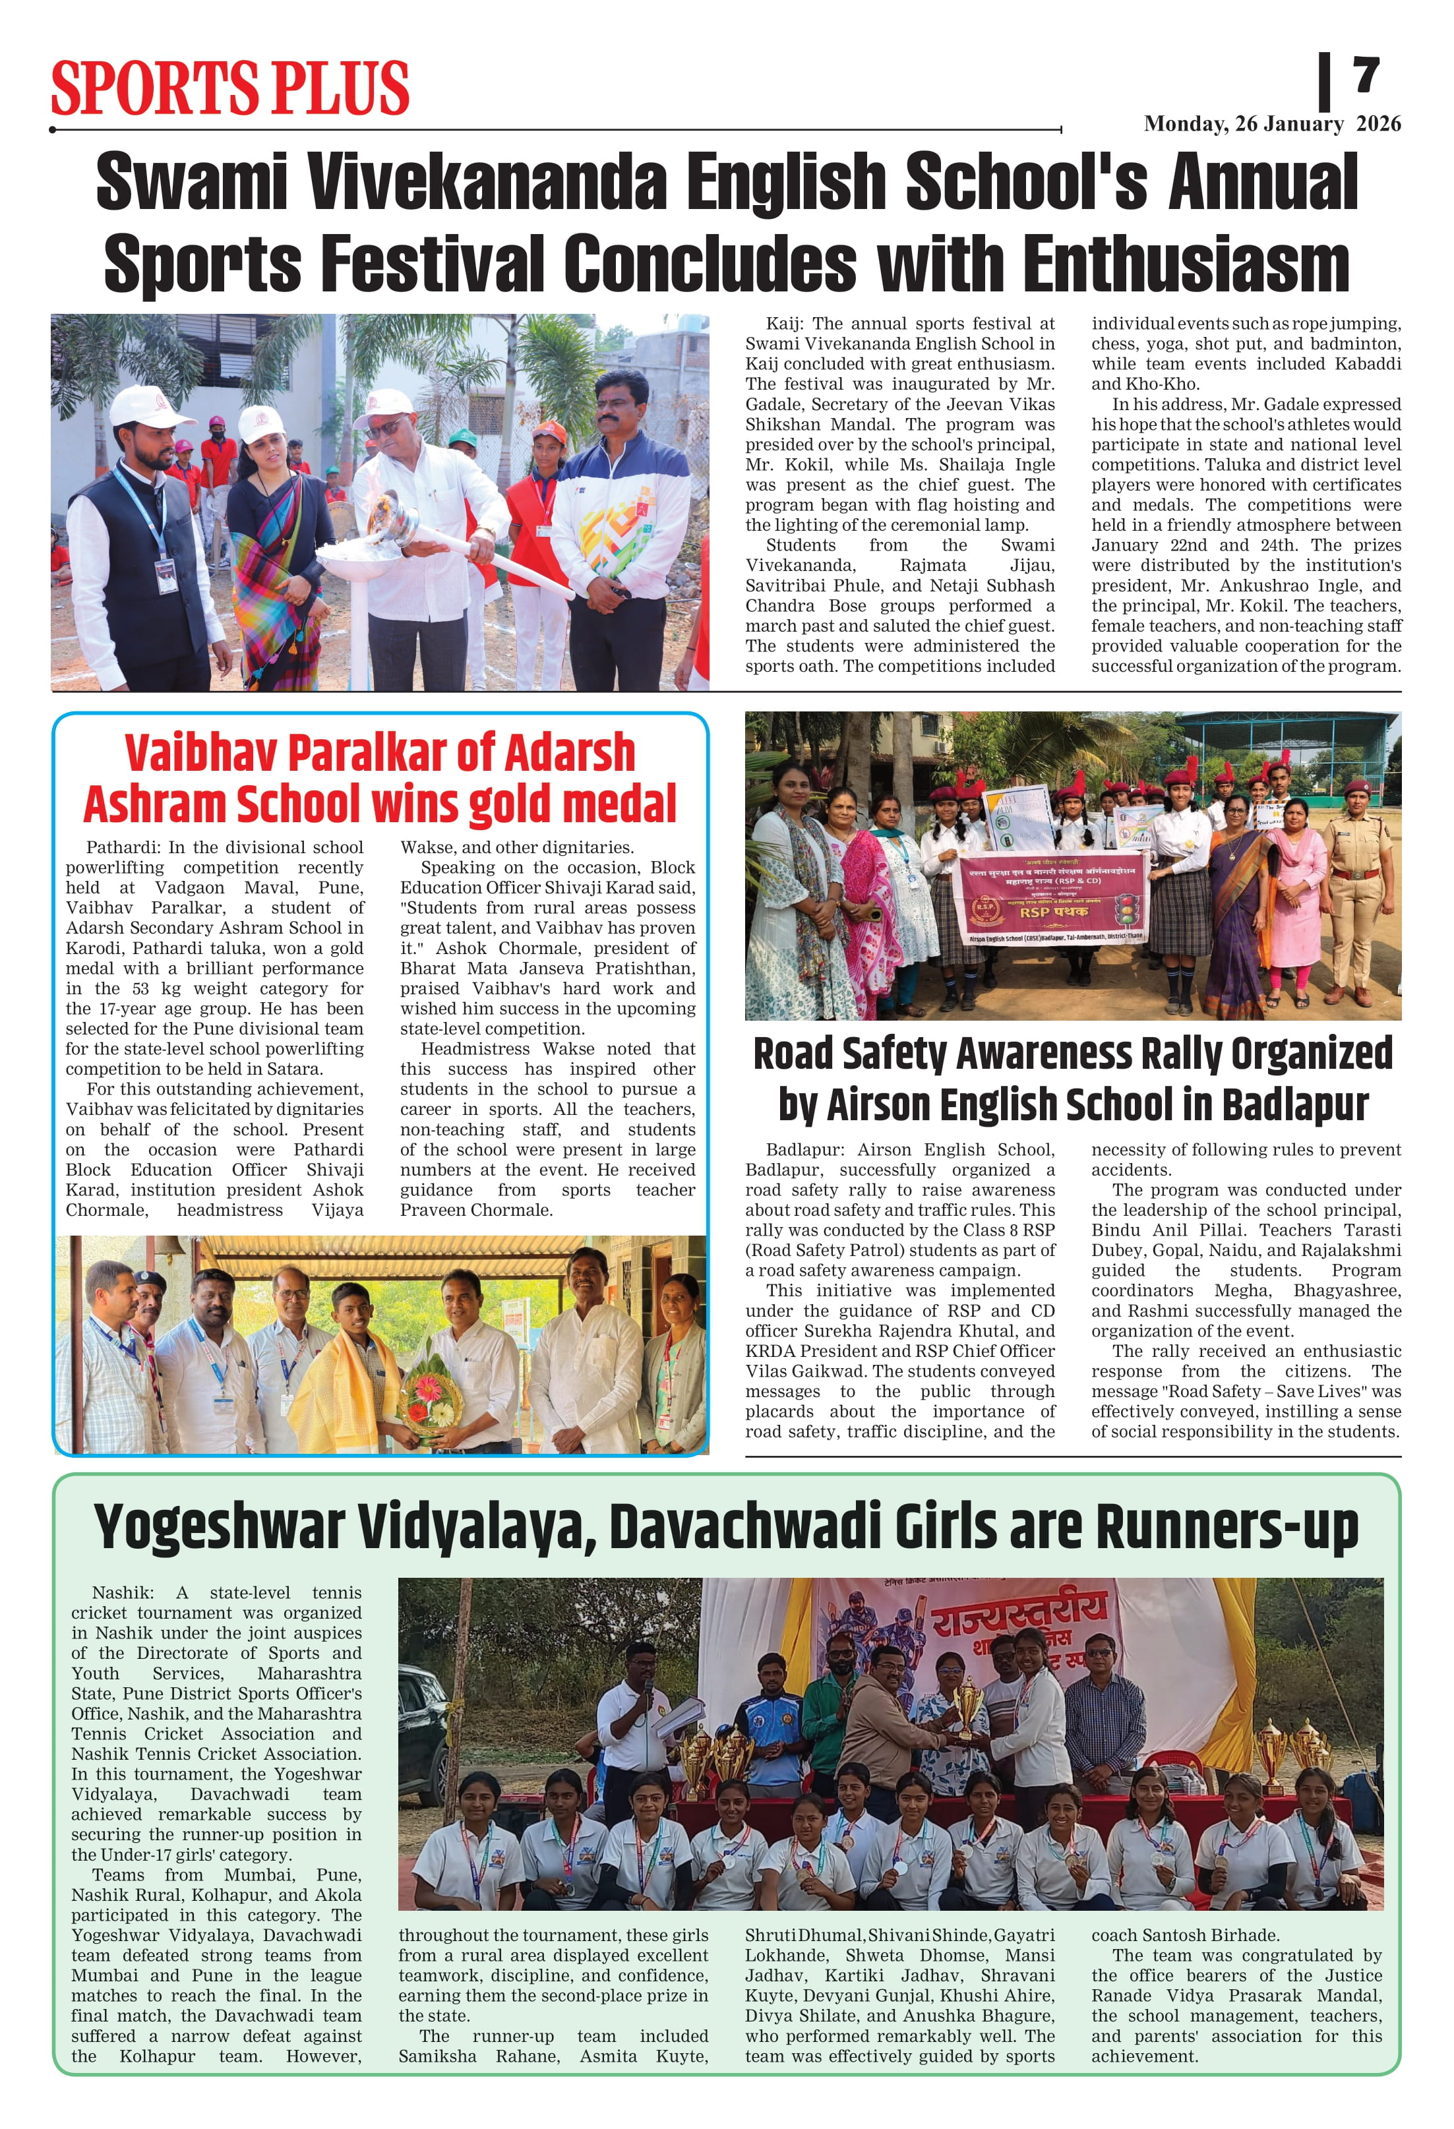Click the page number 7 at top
(1366, 75)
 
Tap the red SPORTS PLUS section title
(230, 88)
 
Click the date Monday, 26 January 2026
(1272, 125)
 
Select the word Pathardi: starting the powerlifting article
(120, 847)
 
